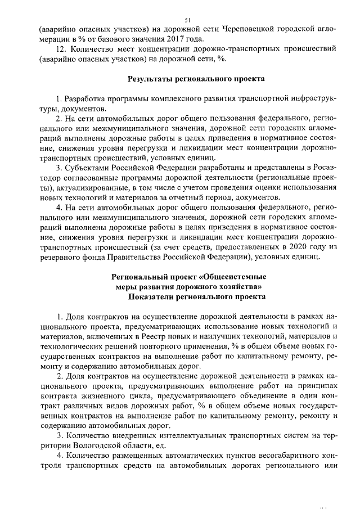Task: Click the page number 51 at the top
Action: point(180,19)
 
